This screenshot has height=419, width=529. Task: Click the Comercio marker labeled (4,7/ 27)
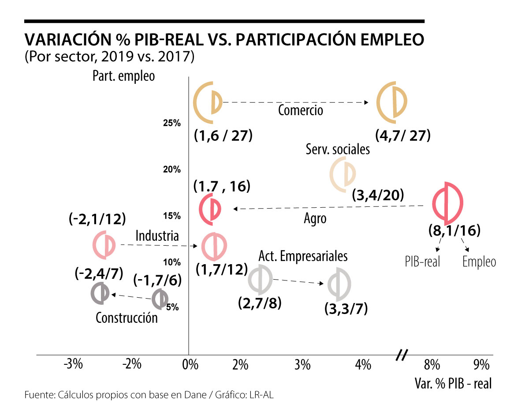click(x=392, y=103)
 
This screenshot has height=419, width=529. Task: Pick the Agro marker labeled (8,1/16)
click(x=447, y=203)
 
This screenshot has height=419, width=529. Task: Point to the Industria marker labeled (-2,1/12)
click(x=104, y=244)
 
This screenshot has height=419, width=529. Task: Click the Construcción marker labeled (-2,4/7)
click(x=101, y=293)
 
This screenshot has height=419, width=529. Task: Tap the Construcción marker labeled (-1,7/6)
click(x=160, y=299)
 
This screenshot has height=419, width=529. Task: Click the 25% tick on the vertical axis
click(x=172, y=123)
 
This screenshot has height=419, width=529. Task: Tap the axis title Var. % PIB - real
click(x=452, y=383)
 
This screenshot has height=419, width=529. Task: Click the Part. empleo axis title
click(x=123, y=76)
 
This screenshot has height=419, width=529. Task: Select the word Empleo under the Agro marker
click(x=479, y=262)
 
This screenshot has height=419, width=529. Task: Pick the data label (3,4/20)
click(x=379, y=195)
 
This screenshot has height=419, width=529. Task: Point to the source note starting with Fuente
click(x=149, y=395)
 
